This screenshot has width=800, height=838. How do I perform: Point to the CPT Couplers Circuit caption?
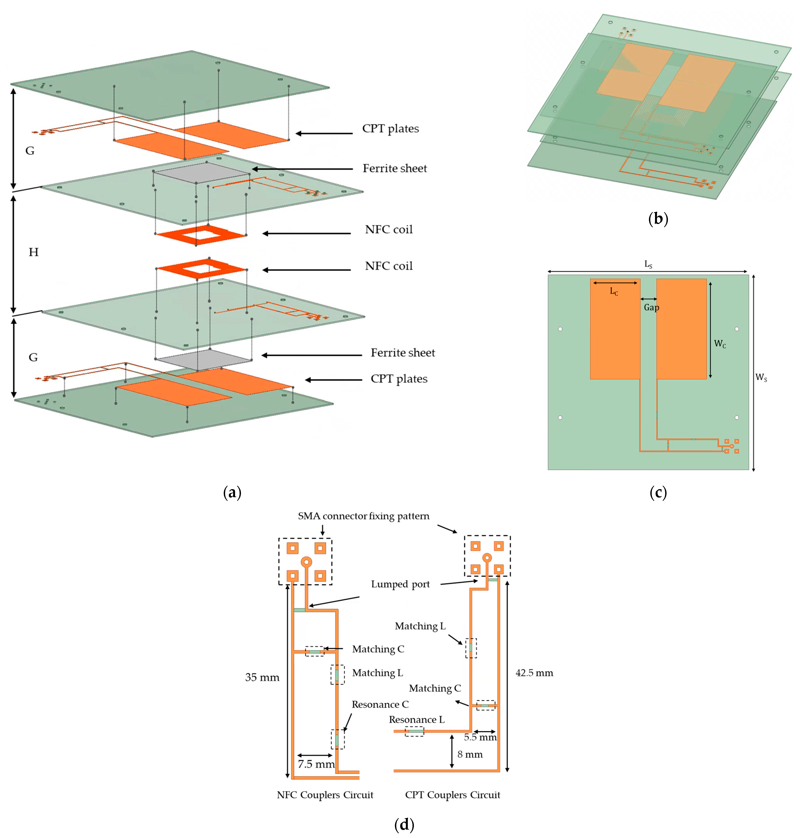point(452,795)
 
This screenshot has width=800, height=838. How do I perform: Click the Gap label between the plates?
point(651,307)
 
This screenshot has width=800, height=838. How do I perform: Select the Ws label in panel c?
point(761,377)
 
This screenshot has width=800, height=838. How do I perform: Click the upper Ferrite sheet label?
point(395,168)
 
